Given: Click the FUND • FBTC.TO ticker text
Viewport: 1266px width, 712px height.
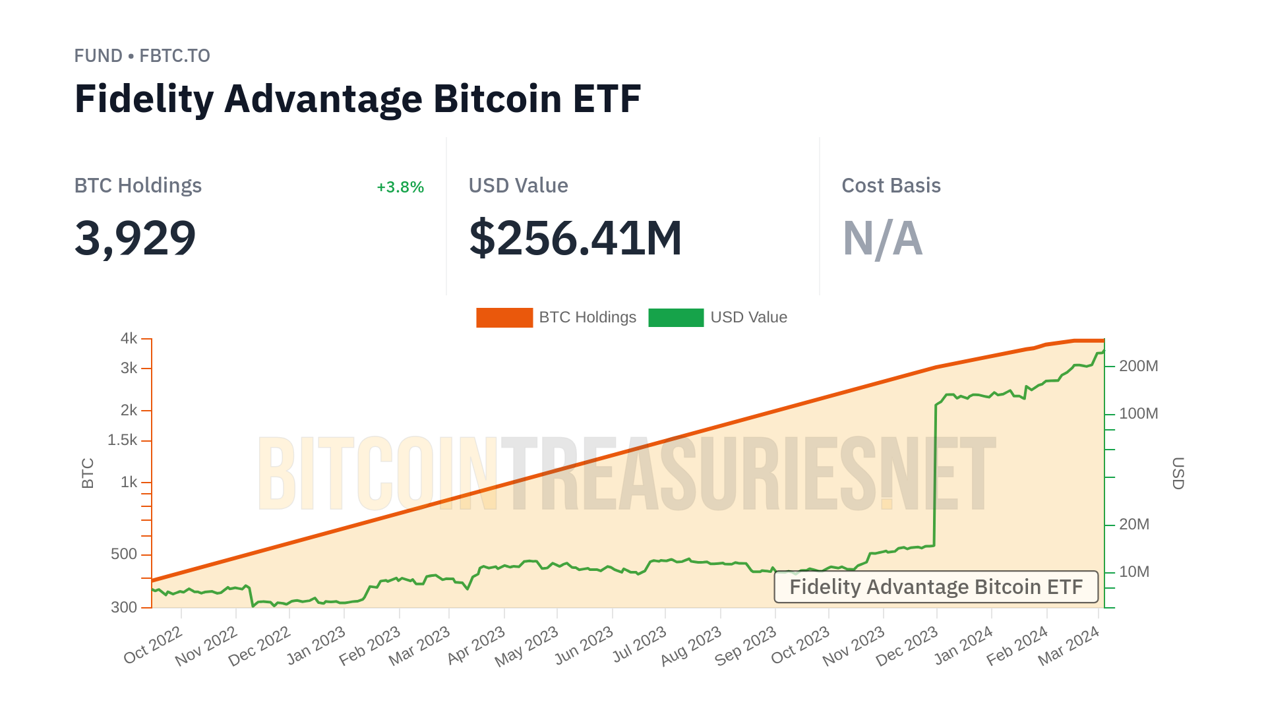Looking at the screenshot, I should pyautogui.click(x=142, y=56).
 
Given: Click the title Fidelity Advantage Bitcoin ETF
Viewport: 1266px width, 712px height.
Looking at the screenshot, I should pyautogui.click(x=357, y=99).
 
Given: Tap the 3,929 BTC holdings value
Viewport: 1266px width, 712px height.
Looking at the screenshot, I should pyautogui.click(x=135, y=238).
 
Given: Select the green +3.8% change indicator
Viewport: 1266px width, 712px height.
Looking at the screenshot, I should pyautogui.click(x=400, y=187).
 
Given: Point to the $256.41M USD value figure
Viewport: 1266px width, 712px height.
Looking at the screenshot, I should pyautogui.click(x=575, y=238).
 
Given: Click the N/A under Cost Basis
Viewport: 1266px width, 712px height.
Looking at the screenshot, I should pyautogui.click(x=882, y=238).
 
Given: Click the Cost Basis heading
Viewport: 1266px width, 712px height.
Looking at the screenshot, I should pyautogui.click(x=891, y=186).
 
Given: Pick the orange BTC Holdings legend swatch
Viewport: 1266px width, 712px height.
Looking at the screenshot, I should pyautogui.click(x=504, y=318).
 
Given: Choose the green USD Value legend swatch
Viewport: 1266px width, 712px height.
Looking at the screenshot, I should pyautogui.click(x=676, y=318).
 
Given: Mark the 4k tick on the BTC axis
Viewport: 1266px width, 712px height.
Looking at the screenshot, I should pyautogui.click(x=129, y=339).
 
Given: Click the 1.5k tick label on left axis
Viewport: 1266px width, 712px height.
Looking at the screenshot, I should pyautogui.click(x=123, y=440).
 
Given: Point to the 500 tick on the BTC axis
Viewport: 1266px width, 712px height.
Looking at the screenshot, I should pyautogui.click(x=124, y=554).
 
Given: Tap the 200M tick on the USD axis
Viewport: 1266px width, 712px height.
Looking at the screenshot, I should pyautogui.click(x=1138, y=367).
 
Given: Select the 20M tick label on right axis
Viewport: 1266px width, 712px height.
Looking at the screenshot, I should pyautogui.click(x=1134, y=525).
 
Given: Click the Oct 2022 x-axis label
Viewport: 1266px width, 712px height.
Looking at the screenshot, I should pyautogui.click(x=153, y=645).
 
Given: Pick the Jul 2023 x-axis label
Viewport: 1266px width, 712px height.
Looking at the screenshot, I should pyautogui.click(x=640, y=645).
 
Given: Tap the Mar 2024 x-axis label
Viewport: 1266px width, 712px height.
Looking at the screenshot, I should pyautogui.click(x=1069, y=646).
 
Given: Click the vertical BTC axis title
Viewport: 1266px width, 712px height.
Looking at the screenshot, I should pyautogui.click(x=88, y=473).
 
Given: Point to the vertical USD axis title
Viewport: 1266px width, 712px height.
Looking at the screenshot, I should pyautogui.click(x=1178, y=473).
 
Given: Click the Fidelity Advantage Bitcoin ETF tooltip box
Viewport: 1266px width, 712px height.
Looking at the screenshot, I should pyautogui.click(x=936, y=587).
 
